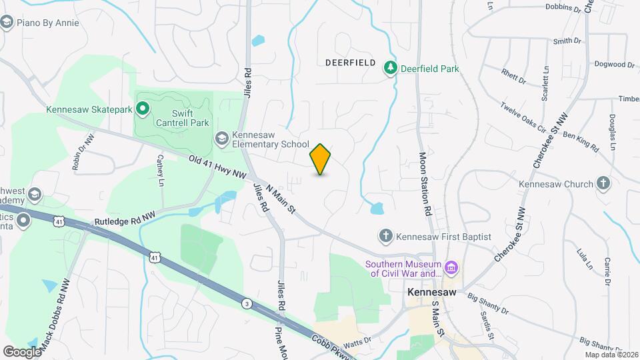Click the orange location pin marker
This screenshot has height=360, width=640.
(x=320, y=159)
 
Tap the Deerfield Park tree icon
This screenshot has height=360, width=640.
(x=390, y=68)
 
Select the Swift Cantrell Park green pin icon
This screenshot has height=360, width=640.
(x=143, y=108)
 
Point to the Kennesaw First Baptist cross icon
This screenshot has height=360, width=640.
(x=385, y=236)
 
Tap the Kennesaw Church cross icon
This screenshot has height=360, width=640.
(x=603, y=183)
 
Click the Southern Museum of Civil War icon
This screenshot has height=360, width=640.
(x=452, y=269)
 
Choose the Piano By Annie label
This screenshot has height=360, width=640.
(x=48, y=23)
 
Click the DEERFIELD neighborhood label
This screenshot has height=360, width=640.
(x=351, y=62)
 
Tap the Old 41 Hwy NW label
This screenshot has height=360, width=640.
(x=218, y=167)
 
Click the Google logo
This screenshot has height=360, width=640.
(x=22, y=351)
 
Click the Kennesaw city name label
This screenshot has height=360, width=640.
(x=432, y=292)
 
